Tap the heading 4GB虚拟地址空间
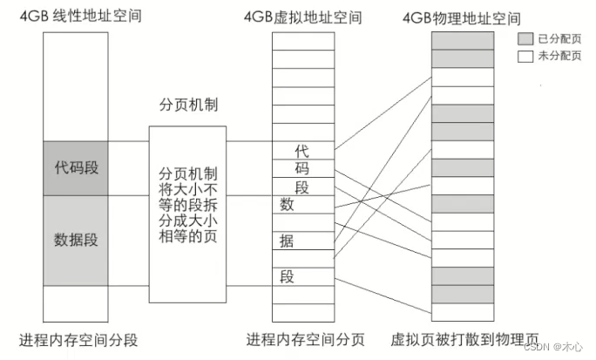(302, 17)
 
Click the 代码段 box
(77, 166)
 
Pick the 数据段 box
(77, 239)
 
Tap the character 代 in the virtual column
(301, 151)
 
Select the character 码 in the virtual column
(301, 169)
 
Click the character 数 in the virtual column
(286, 204)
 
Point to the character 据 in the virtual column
(286, 241)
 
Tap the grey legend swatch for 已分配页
(525, 40)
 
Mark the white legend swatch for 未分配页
(525, 55)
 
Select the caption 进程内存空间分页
(305, 341)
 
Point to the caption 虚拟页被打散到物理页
(464, 341)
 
